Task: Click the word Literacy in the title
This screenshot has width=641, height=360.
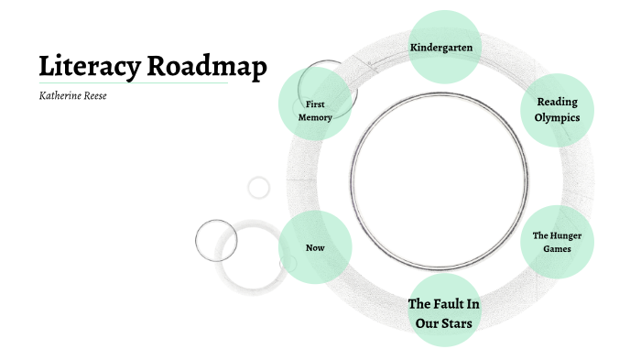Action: pyautogui.click(x=90, y=67)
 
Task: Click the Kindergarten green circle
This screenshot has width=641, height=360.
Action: pyautogui.click(x=444, y=47)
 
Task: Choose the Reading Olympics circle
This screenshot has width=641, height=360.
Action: pyautogui.click(x=557, y=109)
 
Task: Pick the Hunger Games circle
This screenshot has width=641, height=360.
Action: pyautogui.click(x=557, y=242)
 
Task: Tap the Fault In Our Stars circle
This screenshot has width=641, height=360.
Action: pyautogui.click(x=444, y=311)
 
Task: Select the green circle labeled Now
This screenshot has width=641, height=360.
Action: pyautogui.click(x=315, y=248)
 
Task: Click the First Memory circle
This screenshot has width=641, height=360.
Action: pyautogui.click(x=315, y=110)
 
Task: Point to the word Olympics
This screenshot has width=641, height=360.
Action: pyautogui.click(x=557, y=117)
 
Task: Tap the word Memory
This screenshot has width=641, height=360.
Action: pyautogui.click(x=315, y=117)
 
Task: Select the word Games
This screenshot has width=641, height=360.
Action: pyautogui.click(x=557, y=249)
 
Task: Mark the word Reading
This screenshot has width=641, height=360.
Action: pyautogui.click(x=557, y=101)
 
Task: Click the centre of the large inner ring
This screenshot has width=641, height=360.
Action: pyautogui.click(x=440, y=178)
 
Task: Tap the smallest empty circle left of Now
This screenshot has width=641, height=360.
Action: pyautogui.click(x=259, y=187)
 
